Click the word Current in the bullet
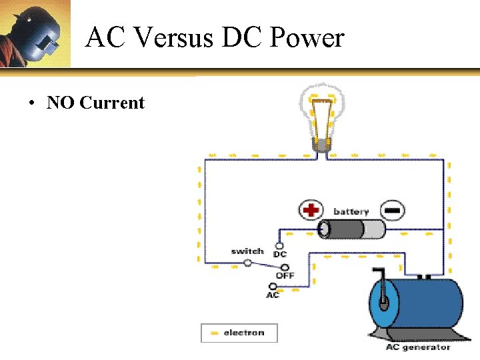pyautogui.click(x=112, y=103)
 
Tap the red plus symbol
pyautogui.click(x=310, y=211)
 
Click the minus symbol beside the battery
pyautogui.click(x=393, y=211)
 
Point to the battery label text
pyautogui.click(x=351, y=211)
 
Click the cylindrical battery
pyautogui.click(x=351, y=229)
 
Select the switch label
pyautogui.click(x=247, y=251)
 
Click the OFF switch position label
pyautogui.click(x=285, y=275)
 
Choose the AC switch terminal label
pyautogui.click(x=273, y=295)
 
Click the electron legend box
pyautogui.click(x=239, y=332)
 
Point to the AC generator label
pyautogui.click(x=418, y=347)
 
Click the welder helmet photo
pyautogui.click(x=35, y=33)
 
